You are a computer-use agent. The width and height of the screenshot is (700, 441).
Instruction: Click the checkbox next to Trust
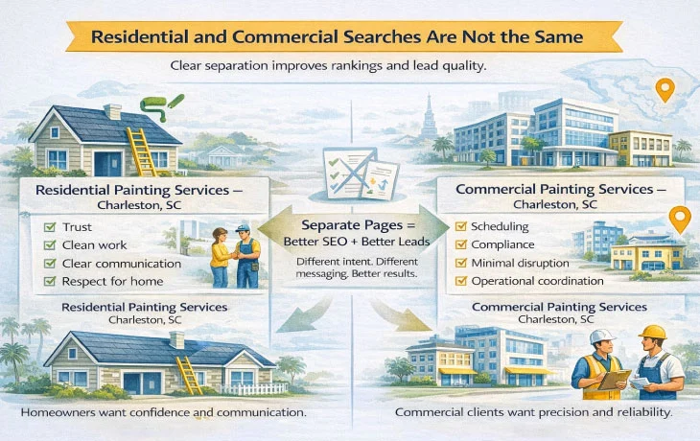(51, 226)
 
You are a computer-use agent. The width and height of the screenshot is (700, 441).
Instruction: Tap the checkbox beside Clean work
(51, 244)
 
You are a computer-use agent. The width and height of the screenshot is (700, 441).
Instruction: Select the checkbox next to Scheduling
(461, 226)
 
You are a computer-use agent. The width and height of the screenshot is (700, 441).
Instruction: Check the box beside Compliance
(461, 244)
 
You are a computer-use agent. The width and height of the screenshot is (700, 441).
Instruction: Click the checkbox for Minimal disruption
(461, 263)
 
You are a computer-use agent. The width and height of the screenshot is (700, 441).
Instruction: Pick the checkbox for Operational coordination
(461, 281)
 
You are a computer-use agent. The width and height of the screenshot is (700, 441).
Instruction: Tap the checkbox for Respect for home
(51, 281)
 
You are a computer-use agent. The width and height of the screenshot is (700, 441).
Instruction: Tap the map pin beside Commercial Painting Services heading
(679, 220)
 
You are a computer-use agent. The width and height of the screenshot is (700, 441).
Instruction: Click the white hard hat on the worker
(601, 337)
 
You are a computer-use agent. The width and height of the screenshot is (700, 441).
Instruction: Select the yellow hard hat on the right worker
(653, 333)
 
